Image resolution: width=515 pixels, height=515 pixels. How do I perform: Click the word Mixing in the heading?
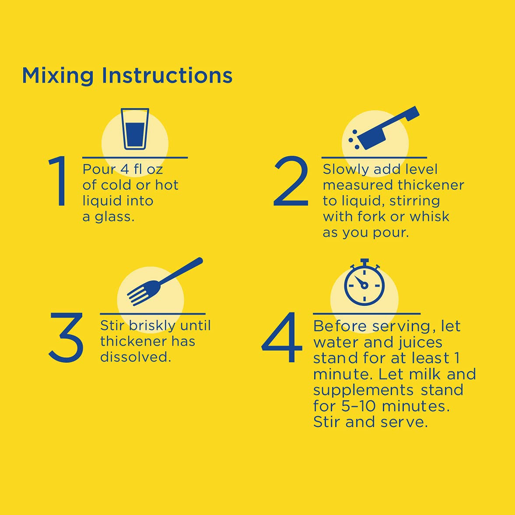coord(58,76)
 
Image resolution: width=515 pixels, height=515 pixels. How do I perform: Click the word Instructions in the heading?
coord(167,75)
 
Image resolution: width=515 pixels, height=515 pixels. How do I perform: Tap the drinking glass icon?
coord(135,129)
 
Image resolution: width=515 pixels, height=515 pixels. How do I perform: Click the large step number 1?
coord(59,181)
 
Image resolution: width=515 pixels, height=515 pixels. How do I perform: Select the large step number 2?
coord(291,181)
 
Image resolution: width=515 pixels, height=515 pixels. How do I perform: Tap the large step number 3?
coord(66,337)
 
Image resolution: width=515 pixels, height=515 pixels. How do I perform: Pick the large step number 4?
coord(282,337)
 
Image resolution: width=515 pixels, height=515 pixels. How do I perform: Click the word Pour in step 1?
coord(99,169)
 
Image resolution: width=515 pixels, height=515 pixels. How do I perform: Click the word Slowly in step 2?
coord(346,170)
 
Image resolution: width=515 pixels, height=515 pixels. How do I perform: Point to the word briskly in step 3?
coord(152,326)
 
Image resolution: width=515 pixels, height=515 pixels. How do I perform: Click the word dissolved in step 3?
coord(135,357)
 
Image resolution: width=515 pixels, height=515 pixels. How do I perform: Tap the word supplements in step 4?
coord(363,391)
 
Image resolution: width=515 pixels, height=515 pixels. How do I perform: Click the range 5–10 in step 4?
coord(358,406)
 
